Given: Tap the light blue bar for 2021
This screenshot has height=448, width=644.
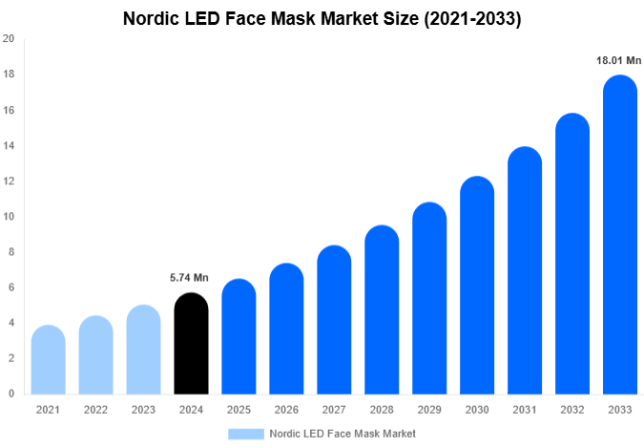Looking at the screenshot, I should pos(48,360).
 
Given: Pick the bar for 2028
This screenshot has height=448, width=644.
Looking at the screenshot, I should pos(382,310).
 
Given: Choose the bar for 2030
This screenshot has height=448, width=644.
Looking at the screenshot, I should pos(477,286).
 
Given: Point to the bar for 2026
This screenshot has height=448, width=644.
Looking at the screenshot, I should pos(286,329).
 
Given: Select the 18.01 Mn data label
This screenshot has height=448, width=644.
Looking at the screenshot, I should pos(619,60).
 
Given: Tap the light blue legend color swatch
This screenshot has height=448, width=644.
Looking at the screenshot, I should pos(245,434).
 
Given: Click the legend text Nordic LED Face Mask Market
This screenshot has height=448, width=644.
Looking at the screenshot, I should pos(343,434).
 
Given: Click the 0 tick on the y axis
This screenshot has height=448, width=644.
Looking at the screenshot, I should pos(10,394).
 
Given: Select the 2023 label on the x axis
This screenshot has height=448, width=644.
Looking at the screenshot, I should pos(143,410).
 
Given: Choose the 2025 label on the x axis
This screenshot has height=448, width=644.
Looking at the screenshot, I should pos(239,410).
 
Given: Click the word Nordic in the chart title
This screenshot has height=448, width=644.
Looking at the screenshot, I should pos(154,18).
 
